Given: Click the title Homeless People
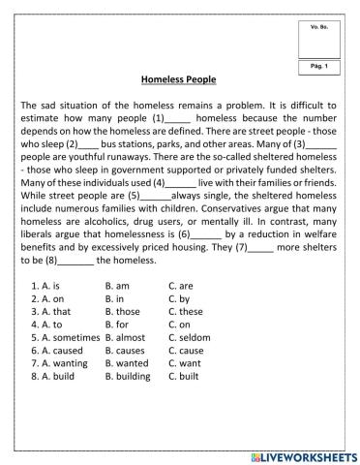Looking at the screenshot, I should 179,79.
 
